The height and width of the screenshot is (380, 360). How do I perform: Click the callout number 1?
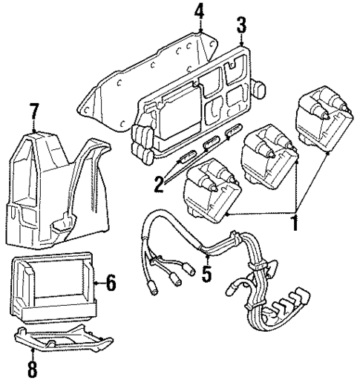(295, 222)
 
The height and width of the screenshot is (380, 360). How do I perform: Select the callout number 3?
(242, 24)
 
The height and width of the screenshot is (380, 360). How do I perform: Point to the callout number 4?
(199, 11)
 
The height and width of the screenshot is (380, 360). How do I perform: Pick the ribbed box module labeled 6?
(56, 286)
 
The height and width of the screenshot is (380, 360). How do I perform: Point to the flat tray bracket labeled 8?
(67, 341)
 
